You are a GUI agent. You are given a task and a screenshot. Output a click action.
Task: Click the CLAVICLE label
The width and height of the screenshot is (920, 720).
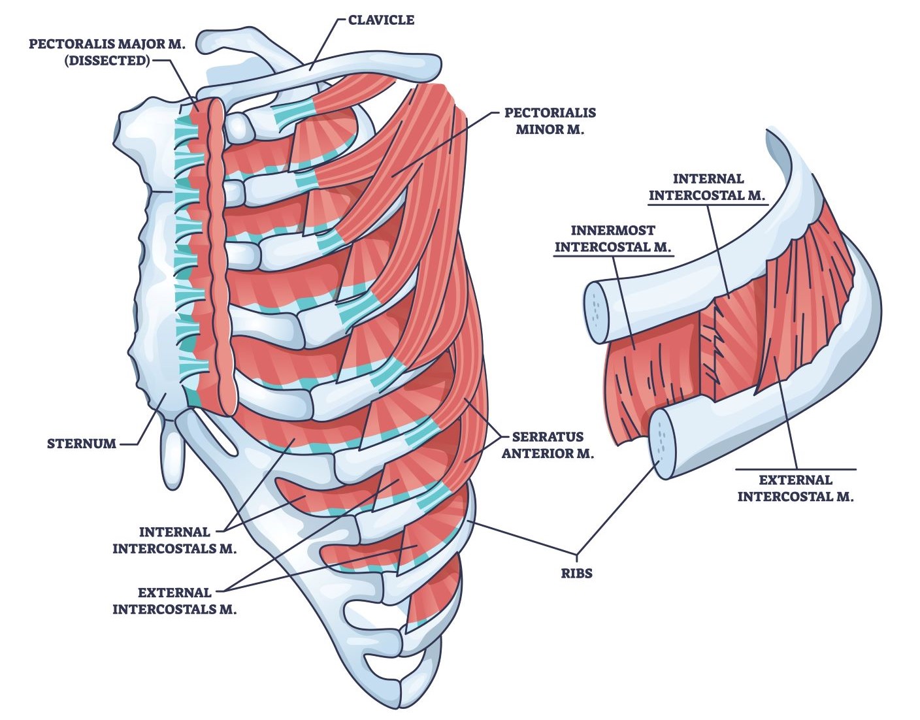pos(381,20)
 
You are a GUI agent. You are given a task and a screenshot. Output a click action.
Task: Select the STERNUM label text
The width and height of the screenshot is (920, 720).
pos(81,444)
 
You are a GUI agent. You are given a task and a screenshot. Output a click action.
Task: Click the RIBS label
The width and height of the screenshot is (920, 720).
pos(576,574)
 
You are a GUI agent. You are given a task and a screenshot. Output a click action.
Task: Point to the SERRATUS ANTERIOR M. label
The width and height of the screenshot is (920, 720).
pos(548,445)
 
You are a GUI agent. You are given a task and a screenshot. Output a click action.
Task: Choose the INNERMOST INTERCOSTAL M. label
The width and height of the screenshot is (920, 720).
pos(612,239)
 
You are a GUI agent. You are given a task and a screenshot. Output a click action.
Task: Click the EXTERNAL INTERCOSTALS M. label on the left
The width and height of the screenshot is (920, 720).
pos(174,601)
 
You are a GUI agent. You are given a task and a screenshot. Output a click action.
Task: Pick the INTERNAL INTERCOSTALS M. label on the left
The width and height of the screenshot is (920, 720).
pos(174,540)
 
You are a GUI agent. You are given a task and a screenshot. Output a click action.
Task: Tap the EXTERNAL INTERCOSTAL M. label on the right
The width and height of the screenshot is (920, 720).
pos(795,488)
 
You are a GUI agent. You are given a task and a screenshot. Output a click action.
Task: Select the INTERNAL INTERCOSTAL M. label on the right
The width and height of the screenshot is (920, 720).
pos(707,187)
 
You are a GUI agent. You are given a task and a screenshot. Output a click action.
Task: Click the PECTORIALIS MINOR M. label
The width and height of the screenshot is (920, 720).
pos(550,121)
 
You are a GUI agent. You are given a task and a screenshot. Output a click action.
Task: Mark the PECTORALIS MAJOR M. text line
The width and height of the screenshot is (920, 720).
pos(107,44)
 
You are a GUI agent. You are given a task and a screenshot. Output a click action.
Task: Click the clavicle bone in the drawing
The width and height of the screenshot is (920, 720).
pos(366,65)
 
